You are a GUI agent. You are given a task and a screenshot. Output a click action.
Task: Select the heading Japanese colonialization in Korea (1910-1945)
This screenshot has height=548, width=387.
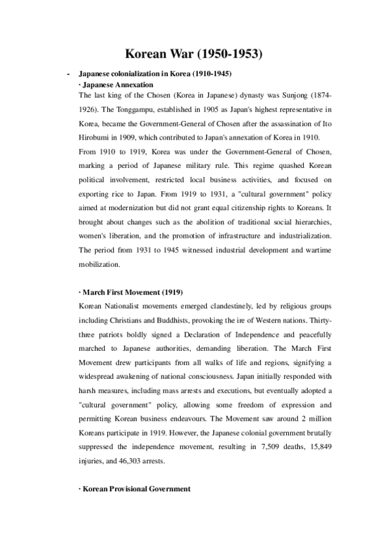click(x=154, y=74)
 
